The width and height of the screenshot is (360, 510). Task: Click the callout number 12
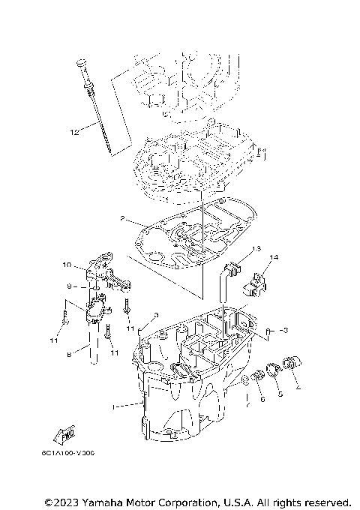[74, 133]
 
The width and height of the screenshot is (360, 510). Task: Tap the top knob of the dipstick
[79, 61]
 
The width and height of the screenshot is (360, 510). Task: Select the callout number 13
[256, 248]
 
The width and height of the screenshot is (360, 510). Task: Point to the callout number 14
[274, 258]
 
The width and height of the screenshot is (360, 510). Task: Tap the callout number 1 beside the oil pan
[114, 406]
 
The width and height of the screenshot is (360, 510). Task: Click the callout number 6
[262, 400]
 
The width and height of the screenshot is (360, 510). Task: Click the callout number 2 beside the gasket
[121, 220]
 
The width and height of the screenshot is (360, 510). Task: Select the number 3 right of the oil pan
[283, 329]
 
